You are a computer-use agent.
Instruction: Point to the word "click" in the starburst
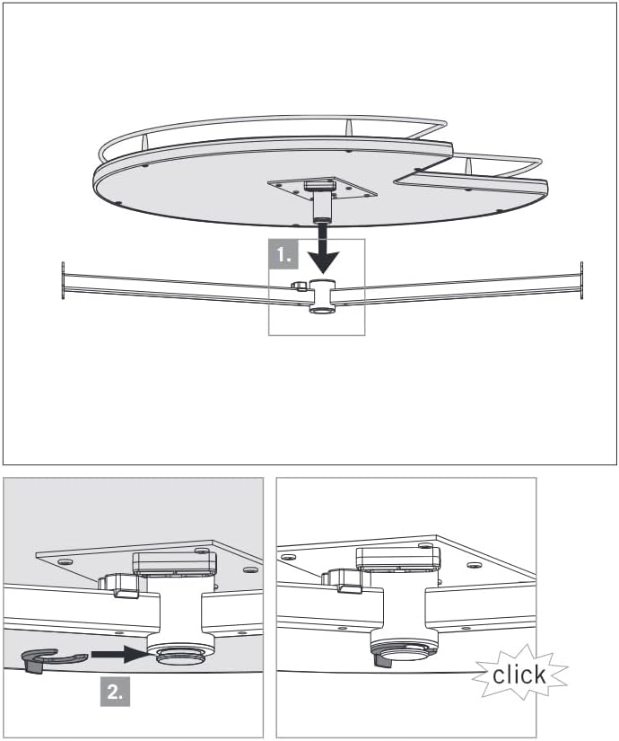click(519, 675)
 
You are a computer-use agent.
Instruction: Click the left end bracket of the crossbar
click(63, 281)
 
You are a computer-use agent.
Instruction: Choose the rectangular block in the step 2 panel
click(174, 564)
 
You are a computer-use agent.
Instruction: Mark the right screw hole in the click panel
click(474, 566)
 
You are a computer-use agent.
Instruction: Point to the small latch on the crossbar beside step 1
click(299, 287)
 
